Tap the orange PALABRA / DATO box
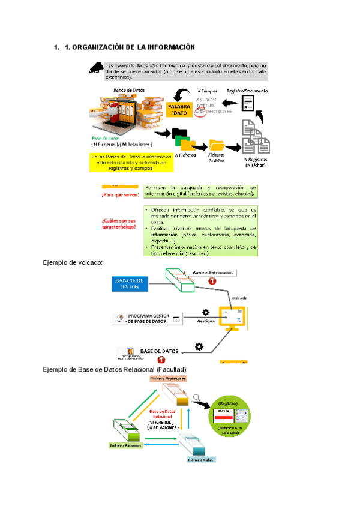(x=179, y=109)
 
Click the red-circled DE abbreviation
(x=209, y=111)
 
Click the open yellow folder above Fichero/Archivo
(x=216, y=145)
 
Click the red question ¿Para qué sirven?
(x=120, y=194)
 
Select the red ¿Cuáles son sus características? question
(x=119, y=224)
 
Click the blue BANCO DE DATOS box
(x=128, y=284)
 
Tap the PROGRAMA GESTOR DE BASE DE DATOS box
(x=146, y=319)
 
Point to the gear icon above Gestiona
(x=206, y=312)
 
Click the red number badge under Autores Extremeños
(x=211, y=280)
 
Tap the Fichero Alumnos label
(x=125, y=446)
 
